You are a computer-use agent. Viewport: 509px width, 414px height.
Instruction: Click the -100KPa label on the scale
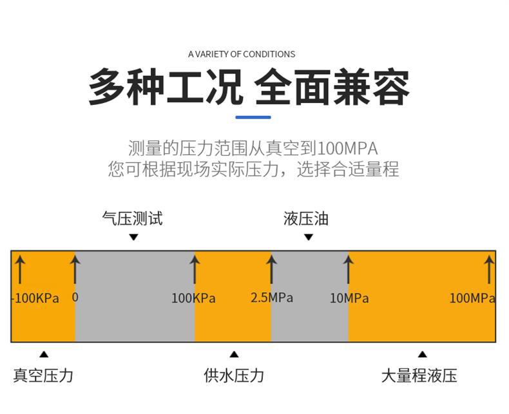point(36,298)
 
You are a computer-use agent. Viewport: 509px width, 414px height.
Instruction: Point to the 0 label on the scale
point(75,297)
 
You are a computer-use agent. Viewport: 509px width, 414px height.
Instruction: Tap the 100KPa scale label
point(193,298)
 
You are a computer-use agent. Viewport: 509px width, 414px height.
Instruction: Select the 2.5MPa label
point(272,297)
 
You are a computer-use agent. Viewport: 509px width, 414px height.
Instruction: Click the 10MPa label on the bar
point(349,298)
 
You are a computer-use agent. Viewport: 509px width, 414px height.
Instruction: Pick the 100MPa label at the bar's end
point(472,298)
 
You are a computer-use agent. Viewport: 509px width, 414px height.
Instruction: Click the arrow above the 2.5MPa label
point(271,268)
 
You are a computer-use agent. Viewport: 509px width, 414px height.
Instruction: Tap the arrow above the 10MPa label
point(349,268)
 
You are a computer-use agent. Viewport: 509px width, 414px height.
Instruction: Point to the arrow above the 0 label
point(75,268)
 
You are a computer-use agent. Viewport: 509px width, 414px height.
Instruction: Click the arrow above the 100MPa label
point(489,268)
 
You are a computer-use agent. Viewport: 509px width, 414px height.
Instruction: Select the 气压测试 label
point(133,218)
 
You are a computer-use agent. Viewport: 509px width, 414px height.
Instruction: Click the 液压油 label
point(306,218)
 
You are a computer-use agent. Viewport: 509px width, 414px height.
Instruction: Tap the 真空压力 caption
point(43,375)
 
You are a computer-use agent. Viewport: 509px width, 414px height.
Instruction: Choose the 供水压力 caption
point(234,375)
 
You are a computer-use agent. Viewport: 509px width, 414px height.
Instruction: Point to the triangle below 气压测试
point(133,237)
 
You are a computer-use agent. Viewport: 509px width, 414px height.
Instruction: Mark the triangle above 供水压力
point(234,354)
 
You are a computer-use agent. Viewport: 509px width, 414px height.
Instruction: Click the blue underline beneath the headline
point(253,117)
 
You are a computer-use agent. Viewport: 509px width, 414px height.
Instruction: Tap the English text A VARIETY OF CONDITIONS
point(242,54)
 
